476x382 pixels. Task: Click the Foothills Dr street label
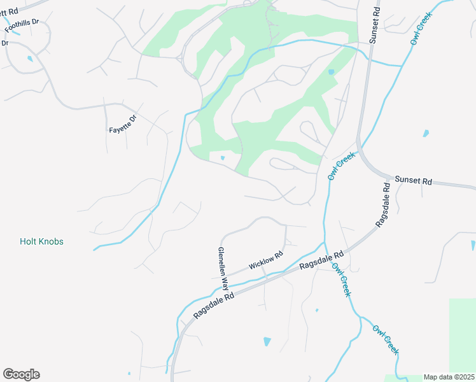(22, 25)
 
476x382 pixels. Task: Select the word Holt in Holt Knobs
(29, 242)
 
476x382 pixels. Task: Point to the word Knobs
(52, 242)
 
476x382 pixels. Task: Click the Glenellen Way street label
(223, 271)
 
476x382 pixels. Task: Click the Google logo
(21, 374)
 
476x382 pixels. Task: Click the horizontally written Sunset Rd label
(413, 181)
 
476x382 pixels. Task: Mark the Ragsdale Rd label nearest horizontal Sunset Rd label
(382, 206)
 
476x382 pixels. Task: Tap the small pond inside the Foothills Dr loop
(30, 59)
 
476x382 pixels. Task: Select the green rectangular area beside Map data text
(462, 334)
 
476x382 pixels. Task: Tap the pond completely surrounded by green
(222, 158)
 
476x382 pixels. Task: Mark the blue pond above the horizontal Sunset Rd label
(426, 134)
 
